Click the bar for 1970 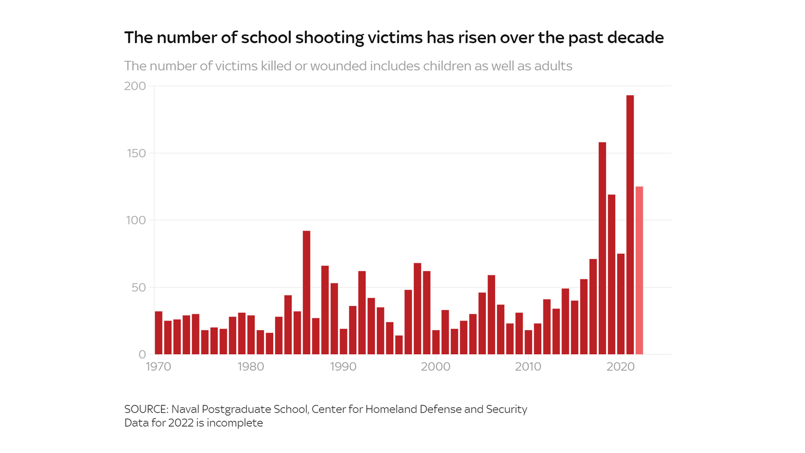tap(158, 333)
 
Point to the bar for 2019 tap(611, 274)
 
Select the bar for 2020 tap(621, 304)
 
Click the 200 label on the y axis tap(135, 86)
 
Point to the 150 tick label tap(136, 153)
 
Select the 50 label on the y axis tap(138, 287)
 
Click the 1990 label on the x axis tap(343, 367)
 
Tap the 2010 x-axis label tap(528, 367)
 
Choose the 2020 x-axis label tap(620, 367)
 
